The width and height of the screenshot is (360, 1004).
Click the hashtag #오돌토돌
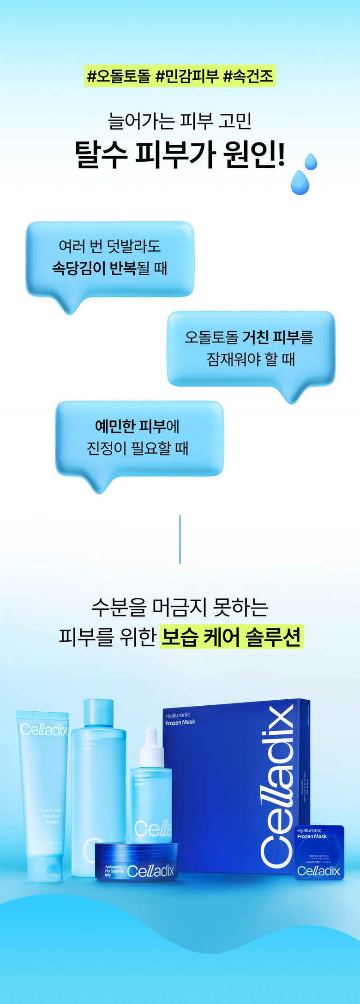coord(119,76)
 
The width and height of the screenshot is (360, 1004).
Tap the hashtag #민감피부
coord(186,76)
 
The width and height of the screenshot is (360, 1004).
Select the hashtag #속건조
coord(248,76)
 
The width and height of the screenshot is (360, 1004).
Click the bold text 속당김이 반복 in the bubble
coord(94,268)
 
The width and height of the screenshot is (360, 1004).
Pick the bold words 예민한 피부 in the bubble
coord(130,426)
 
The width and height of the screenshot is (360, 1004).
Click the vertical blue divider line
coord(180,539)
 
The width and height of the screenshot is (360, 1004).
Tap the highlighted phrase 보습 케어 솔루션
coord(231,637)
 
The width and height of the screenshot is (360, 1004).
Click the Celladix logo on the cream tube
coord(44,729)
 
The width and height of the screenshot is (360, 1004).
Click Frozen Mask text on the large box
coord(180,722)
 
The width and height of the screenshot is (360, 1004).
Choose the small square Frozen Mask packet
coord(319,853)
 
